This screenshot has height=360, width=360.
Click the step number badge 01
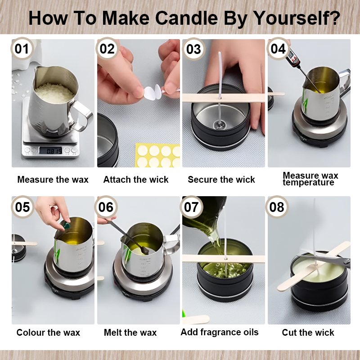click(22, 49)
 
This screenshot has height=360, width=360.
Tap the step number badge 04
click(278, 49)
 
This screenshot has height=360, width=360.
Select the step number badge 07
click(192, 207)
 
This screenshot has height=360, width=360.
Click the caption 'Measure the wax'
click(53, 180)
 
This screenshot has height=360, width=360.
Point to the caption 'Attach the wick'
click(136, 180)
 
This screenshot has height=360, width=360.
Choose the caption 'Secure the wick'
click(221, 180)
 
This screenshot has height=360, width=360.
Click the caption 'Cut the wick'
click(308, 333)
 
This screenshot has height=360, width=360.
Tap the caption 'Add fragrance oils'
click(220, 332)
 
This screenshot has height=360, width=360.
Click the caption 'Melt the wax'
click(130, 333)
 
